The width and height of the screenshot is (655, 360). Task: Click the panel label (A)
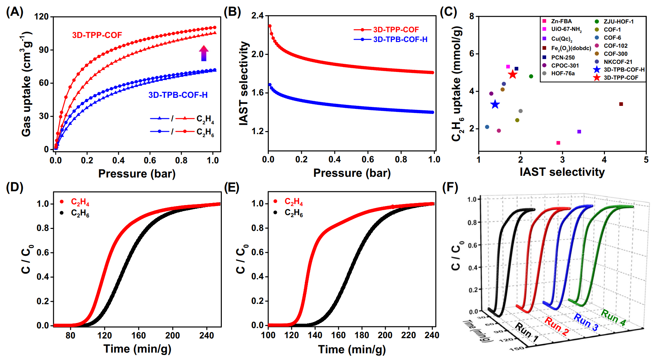[14, 12]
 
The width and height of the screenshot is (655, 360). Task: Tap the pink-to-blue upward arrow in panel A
[204, 53]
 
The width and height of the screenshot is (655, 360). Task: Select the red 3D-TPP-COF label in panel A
[97, 35]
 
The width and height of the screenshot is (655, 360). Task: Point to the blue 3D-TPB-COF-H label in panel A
[178, 95]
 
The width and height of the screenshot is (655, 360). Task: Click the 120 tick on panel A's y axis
[42, 17]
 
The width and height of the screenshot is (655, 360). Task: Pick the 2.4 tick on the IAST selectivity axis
[257, 16]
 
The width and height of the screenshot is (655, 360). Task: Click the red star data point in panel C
[513, 75]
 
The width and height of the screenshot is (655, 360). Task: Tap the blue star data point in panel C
[495, 105]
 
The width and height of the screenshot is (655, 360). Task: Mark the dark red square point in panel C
[621, 104]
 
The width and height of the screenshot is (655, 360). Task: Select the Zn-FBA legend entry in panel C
[561, 21]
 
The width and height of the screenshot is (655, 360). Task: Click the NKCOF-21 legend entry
[618, 62]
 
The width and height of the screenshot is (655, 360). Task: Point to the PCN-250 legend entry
[563, 57]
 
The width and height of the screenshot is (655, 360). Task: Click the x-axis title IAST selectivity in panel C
[562, 172]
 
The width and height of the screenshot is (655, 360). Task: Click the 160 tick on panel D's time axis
[138, 335]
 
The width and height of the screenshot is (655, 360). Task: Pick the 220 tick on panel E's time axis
[408, 335]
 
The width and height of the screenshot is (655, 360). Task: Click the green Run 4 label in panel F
[613, 318]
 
